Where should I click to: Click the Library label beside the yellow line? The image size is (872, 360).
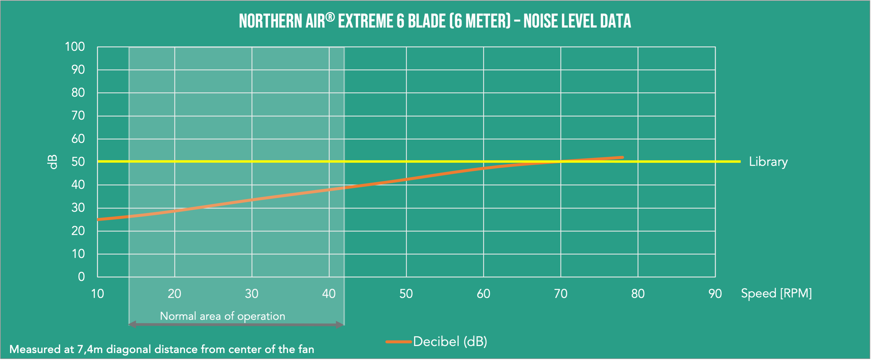click(768, 162)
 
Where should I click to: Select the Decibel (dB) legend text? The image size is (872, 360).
click(450, 341)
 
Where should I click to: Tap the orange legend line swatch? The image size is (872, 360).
click(398, 342)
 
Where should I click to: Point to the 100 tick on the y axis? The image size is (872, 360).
click(75, 47)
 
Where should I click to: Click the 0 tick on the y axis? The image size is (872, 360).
click(81, 277)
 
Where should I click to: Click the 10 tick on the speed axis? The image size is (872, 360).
click(97, 294)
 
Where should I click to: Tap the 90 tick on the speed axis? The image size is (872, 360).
click(715, 294)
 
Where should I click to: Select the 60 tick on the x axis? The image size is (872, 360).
click(483, 294)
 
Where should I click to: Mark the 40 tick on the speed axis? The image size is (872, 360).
click(329, 294)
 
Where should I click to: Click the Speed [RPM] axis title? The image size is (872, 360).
click(776, 293)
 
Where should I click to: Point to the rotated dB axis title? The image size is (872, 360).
click(52, 162)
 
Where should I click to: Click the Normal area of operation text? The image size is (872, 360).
click(222, 316)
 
